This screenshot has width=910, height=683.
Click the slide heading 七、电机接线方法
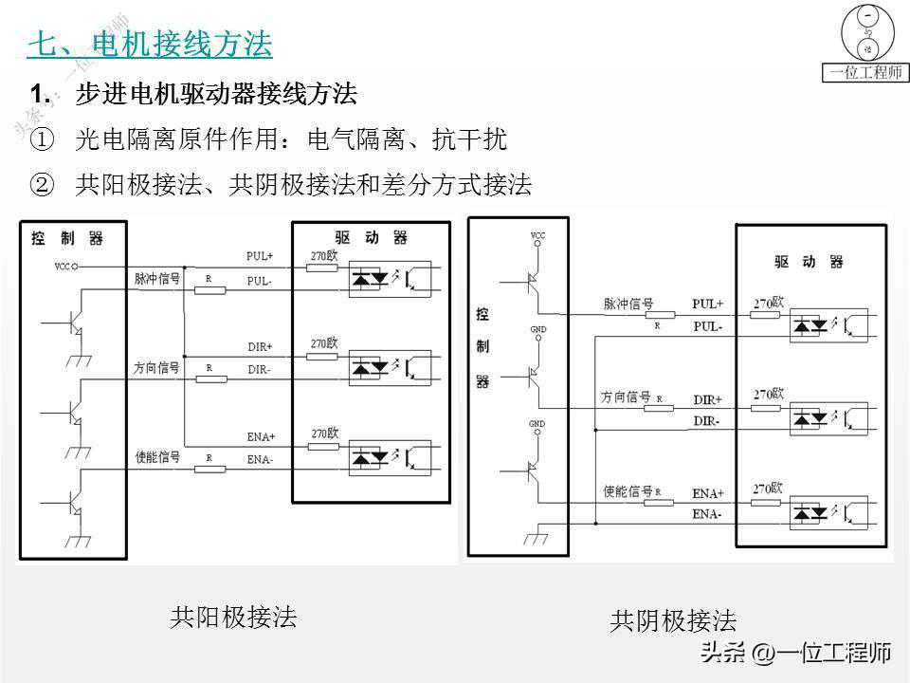pos(150,44)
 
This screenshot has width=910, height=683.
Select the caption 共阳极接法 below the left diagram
pos(233,618)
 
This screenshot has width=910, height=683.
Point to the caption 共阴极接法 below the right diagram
pos(673,621)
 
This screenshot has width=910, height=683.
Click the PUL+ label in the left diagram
pos(260,256)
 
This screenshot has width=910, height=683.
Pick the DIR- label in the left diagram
pos(260,369)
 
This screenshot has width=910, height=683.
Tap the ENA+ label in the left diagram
pos(261,437)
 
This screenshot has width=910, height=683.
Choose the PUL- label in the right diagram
pos(707,326)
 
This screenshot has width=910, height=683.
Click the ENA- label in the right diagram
pos(706,514)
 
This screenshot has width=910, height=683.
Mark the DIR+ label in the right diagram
pos(707,399)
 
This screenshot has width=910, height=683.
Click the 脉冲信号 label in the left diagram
pos(156,279)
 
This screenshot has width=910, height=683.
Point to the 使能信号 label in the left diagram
pos(156,457)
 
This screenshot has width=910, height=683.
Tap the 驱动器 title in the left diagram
pos(371,237)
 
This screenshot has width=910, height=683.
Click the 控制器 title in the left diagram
pos(65,237)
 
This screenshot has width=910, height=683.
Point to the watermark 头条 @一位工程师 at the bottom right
pos(795,653)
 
